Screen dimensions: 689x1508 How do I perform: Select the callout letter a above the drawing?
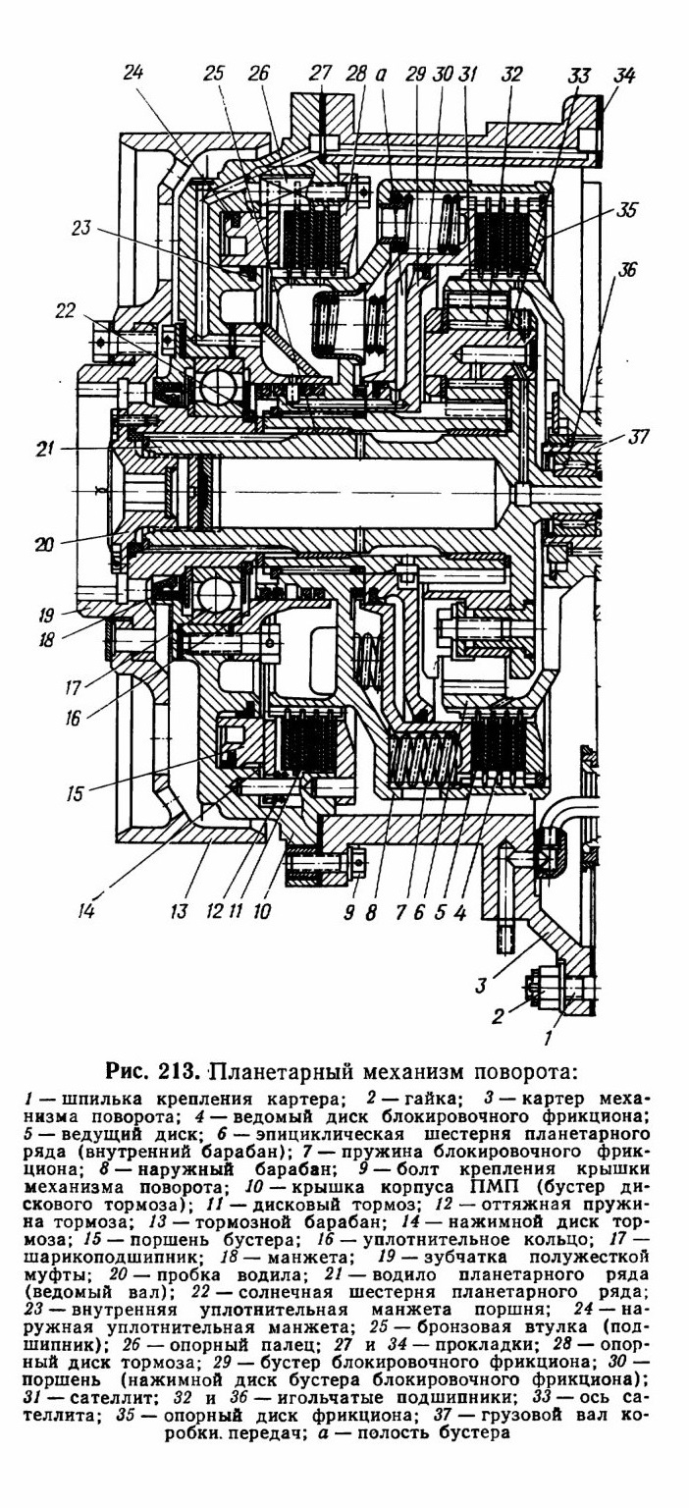pyautogui.click(x=381, y=75)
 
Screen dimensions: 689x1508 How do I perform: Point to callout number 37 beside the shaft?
pyautogui.click(x=638, y=437)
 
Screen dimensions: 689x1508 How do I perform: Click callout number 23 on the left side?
pyautogui.click(x=81, y=228)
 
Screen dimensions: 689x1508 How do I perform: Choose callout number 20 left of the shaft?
pyautogui.click(x=44, y=543)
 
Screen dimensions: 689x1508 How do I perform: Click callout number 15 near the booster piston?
pyautogui.click(x=75, y=792)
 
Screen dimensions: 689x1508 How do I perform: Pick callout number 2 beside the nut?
pyautogui.click(x=498, y=1015)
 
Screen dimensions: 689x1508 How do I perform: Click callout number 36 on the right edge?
pyautogui.click(x=627, y=270)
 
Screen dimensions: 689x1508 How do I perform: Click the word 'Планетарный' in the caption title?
pyautogui.click(x=284, y=1070)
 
